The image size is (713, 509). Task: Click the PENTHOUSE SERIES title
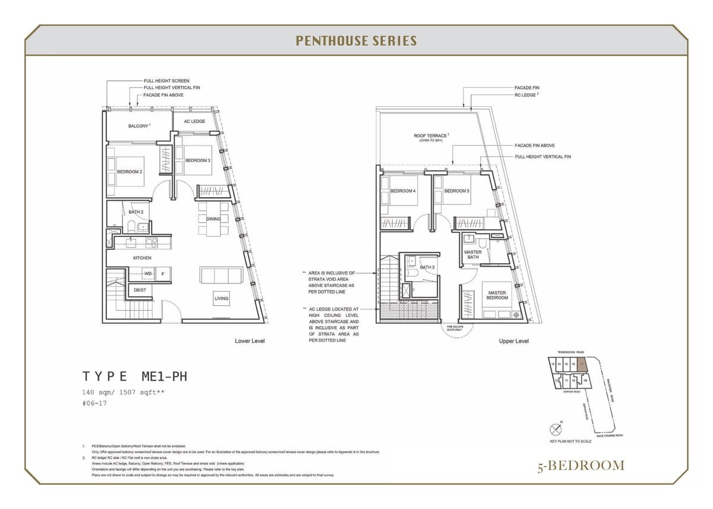(356, 41)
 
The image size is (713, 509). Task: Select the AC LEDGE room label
(194, 121)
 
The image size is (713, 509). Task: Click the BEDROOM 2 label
(129, 172)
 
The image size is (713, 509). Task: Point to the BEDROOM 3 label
(197, 160)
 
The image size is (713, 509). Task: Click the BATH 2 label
(136, 211)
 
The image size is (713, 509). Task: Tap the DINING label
(213, 219)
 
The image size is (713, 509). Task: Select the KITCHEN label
(142, 258)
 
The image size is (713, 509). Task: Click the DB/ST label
(140, 290)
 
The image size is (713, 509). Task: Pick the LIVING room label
(222, 299)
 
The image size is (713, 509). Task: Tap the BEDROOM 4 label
(403, 191)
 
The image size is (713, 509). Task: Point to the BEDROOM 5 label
(456, 191)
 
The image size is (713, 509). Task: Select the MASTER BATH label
(472, 254)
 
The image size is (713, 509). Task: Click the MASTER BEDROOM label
(497, 295)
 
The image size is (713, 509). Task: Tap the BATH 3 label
(427, 267)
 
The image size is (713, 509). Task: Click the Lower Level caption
(250, 341)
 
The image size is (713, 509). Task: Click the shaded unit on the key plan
(583, 363)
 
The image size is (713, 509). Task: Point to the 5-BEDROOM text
(581, 465)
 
